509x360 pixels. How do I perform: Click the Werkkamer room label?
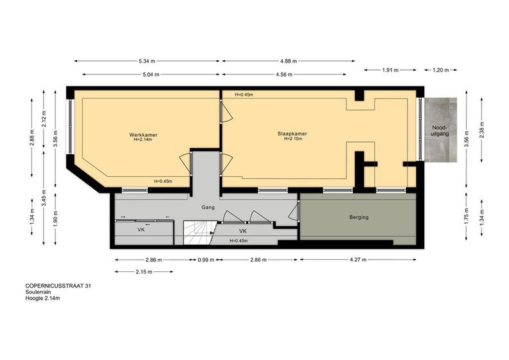[143, 135]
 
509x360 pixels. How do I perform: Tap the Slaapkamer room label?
[292, 134]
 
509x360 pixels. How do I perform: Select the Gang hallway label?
[208, 208]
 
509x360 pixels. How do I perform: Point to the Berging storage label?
[359, 217]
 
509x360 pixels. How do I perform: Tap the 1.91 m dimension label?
[390, 70]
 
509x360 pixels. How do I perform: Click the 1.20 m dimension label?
[440, 70]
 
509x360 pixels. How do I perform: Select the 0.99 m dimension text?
[206, 260]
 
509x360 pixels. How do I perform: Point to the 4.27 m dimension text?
[358, 260]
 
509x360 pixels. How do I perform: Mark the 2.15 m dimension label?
[144, 272]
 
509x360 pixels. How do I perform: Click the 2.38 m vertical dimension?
[482, 130]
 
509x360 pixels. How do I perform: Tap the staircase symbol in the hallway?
[199, 233]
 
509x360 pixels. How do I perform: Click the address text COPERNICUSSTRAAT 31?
[58, 286]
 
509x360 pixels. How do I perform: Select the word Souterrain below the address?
[38, 292]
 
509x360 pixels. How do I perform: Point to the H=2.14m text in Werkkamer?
[143, 139]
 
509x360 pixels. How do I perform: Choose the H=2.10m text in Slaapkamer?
[293, 139]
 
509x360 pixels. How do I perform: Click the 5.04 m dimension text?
[150, 75]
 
